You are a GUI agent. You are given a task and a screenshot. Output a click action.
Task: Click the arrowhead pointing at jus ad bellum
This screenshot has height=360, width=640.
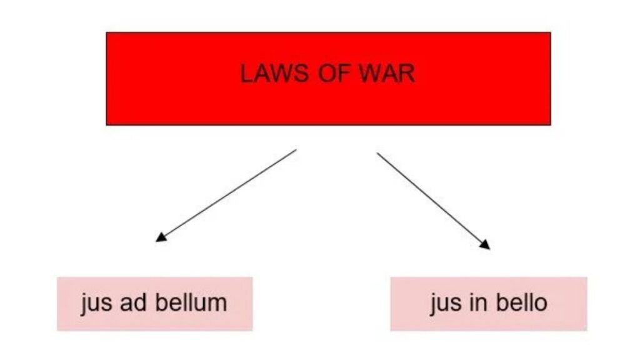point(161,237)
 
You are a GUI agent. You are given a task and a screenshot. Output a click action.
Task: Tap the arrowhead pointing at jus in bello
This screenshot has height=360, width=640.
point(485,244)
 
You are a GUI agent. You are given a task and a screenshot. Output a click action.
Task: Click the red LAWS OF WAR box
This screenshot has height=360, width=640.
point(329,79)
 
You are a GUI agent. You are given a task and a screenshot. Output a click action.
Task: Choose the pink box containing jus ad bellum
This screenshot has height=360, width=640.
point(155,304)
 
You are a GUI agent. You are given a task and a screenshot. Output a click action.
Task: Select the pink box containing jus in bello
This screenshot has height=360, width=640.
point(489,304)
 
